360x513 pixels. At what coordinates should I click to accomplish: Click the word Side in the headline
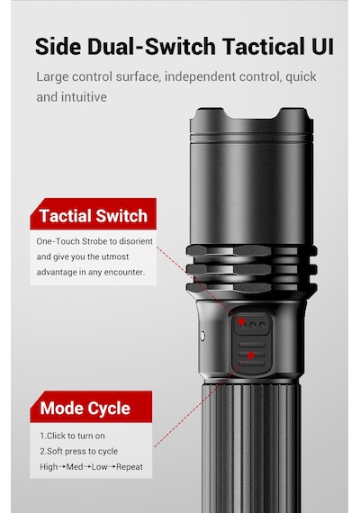click(58, 46)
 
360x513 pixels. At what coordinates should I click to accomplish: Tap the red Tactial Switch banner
click(94, 213)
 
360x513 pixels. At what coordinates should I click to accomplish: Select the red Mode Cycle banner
click(91, 407)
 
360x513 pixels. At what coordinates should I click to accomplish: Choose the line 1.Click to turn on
click(72, 436)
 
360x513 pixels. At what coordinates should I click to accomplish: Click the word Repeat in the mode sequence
click(130, 467)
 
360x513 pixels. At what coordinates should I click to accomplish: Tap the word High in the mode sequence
click(49, 467)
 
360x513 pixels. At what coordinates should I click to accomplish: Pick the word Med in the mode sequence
click(75, 467)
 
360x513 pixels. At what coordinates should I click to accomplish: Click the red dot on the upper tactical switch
click(241, 321)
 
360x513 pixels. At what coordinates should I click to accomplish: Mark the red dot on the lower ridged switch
click(251, 355)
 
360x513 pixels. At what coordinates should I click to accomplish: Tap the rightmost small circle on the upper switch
click(262, 325)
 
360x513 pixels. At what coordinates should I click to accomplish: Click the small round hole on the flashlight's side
click(202, 336)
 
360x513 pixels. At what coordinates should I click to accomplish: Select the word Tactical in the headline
click(263, 46)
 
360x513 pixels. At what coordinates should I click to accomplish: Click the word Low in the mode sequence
click(99, 467)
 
